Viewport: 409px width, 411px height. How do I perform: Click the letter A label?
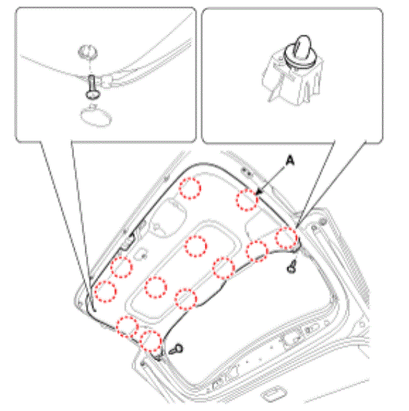(290, 160)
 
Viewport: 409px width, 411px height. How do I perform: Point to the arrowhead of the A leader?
(259, 192)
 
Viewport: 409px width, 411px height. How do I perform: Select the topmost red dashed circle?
(190, 189)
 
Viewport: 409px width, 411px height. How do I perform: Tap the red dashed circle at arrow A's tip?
(247, 201)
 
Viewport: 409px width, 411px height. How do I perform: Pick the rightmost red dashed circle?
(286, 238)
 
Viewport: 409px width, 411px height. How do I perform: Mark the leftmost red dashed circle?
(105, 291)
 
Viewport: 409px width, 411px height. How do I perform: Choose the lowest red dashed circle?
(150, 341)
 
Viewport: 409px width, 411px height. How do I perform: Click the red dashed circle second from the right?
(257, 251)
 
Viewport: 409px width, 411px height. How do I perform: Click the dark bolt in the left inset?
(92, 87)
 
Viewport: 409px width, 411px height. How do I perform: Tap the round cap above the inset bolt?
(87, 51)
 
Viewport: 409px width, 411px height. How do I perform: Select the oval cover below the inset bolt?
(96, 117)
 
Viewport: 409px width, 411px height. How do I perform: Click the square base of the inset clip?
(292, 79)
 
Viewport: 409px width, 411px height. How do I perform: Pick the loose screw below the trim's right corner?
(292, 267)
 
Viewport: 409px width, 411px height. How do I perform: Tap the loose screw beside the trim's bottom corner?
(176, 350)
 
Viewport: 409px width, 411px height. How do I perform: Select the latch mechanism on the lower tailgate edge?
(291, 338)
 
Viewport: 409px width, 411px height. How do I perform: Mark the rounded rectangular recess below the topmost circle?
(168, 218)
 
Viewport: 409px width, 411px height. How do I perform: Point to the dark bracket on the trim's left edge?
(128, 242)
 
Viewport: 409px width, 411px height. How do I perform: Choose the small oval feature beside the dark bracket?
(141, 254)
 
